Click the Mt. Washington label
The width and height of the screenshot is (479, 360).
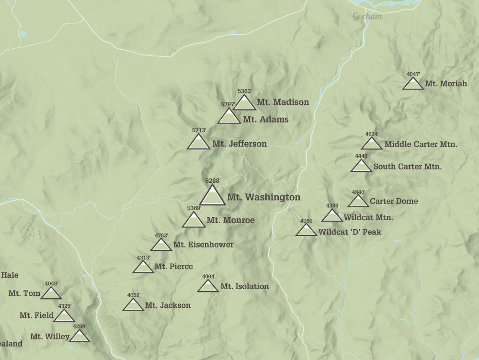pyautogui.click(x=263, y=197)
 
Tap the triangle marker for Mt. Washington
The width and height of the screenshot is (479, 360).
pyautogui.click(x=212, y=196)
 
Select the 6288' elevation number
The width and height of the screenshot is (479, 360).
pyautogui.click(x=213, y=180)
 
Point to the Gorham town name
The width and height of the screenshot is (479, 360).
pyautogui.click(x=367, y=17)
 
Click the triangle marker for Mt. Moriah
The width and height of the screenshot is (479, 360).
pyautogui.click(x=412, y=84)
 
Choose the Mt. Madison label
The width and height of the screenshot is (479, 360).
pyautogui.click(x=283, y=102)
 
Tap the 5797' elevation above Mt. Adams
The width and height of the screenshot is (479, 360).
pyautogui.click(x=228, y=104)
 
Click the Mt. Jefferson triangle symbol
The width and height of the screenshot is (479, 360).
pyautogui.click(x=198, y=143)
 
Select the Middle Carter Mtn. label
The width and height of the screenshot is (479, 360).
pyautogui.click(x=421, y=144)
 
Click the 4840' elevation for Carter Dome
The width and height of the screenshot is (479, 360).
pyautogui.click(x=358, y=192)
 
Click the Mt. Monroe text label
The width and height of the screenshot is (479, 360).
pyautogui.click(x=230, y=220)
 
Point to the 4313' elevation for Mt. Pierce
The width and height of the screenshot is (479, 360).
pyautogui.click(x=143, y=258)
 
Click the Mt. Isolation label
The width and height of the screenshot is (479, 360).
pyautogui.click(x=244, y=286)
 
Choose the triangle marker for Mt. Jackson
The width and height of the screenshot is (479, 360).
pyautogui.click(x=133, y=305)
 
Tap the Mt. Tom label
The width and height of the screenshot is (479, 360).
pyautogui.click(x=21, y=293)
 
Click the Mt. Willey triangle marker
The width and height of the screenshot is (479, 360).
pyautogui.click(x=80, y=337)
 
